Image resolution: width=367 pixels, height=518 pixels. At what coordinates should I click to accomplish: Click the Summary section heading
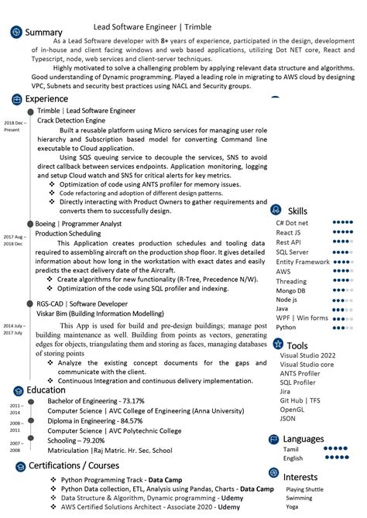tap(43, 32)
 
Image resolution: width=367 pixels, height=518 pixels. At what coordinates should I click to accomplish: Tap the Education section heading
tap(46, 389)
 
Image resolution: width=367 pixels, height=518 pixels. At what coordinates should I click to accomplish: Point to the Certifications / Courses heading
tap(74, 465)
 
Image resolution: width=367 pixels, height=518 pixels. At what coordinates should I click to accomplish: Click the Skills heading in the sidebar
tap(297, 211)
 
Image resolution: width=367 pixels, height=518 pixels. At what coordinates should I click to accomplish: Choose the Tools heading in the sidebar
tap(297, 345)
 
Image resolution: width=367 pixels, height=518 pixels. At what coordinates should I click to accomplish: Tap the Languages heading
tap(304, 438)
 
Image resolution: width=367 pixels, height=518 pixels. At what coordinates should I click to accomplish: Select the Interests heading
tap(300, 477)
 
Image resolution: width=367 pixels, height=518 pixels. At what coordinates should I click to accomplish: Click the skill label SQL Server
tap(292, 252)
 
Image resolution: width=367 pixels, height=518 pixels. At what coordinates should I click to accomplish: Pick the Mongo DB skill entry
tap(291, 290)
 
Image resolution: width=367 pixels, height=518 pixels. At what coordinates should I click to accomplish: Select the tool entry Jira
tap(286, 391)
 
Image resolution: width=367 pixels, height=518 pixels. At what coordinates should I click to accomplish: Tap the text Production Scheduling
tap(68, 233)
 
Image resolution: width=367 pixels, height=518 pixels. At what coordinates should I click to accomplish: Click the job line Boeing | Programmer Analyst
tap(78, 223)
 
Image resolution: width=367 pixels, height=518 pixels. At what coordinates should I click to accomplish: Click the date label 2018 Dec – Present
tap(14, 126)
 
